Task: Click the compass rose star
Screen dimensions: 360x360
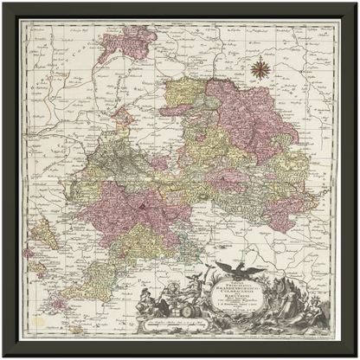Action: coord(260,68)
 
